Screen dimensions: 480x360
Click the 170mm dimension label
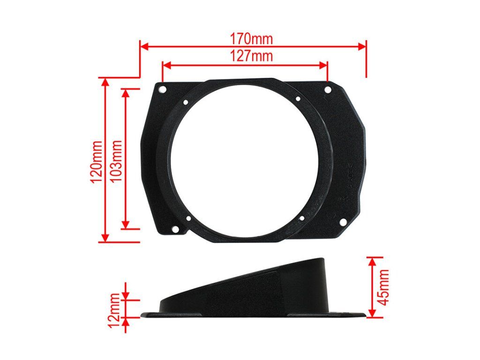(x=251, y=39)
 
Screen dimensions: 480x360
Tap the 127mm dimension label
(x=251, y=56)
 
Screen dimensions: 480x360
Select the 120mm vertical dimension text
(x=97, y=161)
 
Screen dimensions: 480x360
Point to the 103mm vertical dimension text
(x=116, y=161)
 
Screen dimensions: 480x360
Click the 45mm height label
(x=383, y=287)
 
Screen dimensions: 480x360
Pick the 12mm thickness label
(x=114, y=310)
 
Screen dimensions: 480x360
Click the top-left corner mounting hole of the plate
(x=162, y=90)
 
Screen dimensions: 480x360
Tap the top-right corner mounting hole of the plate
(x=328, y=90)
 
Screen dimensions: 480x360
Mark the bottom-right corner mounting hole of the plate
(x=344, y=222)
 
